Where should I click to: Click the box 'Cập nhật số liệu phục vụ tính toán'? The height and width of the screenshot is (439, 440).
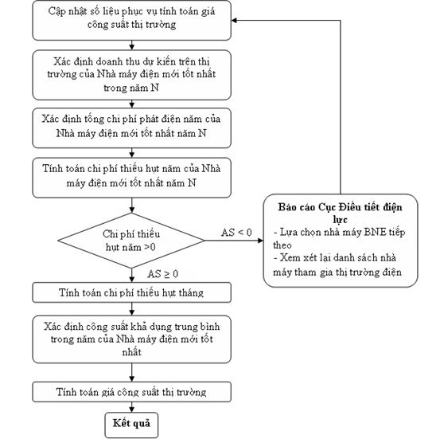[131, 20]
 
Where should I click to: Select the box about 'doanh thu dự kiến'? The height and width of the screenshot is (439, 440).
[131, 75]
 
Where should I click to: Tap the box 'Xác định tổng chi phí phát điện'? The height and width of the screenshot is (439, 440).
[131, 128]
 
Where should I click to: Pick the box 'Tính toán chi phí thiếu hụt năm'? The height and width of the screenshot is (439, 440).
[131, 178]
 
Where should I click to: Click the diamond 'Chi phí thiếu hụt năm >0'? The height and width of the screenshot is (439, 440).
[131, 241]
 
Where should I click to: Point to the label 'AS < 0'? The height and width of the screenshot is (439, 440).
[236, 233]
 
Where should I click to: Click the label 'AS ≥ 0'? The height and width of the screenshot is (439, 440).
[163, 274]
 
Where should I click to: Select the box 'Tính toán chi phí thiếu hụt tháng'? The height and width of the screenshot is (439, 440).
[131, 292]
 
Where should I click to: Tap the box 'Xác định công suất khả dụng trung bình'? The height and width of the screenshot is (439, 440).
[131, 339]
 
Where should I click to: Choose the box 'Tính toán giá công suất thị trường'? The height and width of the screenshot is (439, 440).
[131, 392]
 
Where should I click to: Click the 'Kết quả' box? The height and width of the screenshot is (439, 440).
[131, 425]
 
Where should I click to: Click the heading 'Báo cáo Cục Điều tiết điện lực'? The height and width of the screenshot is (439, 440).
[340, 213]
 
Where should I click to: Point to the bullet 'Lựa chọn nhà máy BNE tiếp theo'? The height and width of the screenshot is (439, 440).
[339, 238]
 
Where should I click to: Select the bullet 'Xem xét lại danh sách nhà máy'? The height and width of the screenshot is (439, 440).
[337, 265]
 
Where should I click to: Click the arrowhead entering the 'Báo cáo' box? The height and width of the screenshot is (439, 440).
[260, 241]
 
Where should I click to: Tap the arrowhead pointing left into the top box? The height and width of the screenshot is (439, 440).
[234, 20]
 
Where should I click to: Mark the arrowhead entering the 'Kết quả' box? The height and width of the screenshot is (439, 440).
[131, 410]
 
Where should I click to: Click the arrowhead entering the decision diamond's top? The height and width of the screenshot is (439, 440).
[131, 210]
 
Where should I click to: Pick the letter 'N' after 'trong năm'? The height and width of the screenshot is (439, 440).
[154, 88]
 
